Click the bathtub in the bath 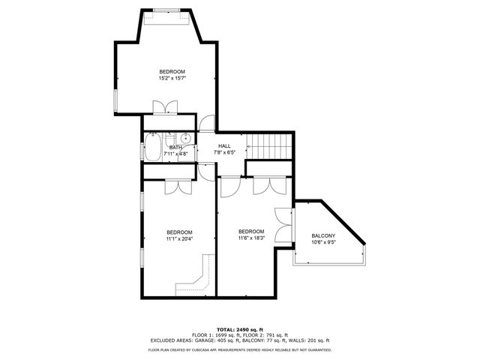tap(153, 147)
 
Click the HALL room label tap(224, 145)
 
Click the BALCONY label tap(323, 236)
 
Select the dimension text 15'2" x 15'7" tap(172, 78)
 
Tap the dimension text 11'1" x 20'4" tap(179, 239)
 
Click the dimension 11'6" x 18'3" tap(251, 238)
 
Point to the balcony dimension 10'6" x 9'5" tap(323, 243)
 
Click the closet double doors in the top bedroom tap(163, 107)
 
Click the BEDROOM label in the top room tap(172, 71)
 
